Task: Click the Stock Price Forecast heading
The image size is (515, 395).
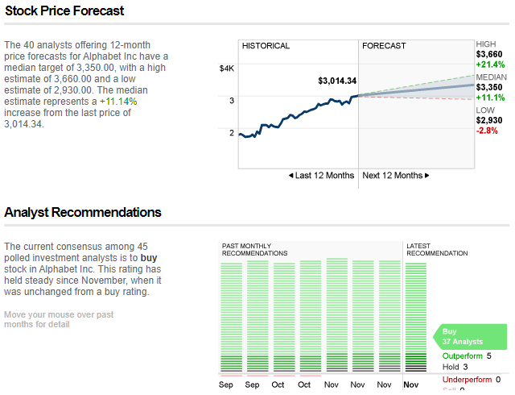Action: [64, 11]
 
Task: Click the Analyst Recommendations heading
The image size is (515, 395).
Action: [83, 213]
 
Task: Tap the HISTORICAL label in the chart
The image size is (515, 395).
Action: [266, 46]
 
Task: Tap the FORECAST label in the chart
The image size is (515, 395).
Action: [384, 46]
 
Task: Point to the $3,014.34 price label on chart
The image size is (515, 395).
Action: [337, 81]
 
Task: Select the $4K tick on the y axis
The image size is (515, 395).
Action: [226, 69]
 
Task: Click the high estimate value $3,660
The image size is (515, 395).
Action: [490, 54]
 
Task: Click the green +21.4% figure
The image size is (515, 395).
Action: [490, 64]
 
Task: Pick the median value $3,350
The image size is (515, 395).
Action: [490, 87]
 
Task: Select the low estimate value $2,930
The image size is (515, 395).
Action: [490, 120]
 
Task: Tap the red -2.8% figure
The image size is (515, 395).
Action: [486, 131]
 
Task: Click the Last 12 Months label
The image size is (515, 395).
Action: [321, 176]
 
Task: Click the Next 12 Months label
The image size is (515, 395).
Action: [395, 176]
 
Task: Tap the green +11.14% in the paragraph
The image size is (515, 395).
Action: [118, 102]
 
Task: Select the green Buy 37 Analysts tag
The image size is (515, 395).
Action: [471, 336]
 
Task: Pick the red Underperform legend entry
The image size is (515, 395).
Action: [468, 379]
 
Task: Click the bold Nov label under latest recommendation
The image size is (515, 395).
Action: [411, 385]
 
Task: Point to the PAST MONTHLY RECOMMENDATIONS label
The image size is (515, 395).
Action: [254, 249]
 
